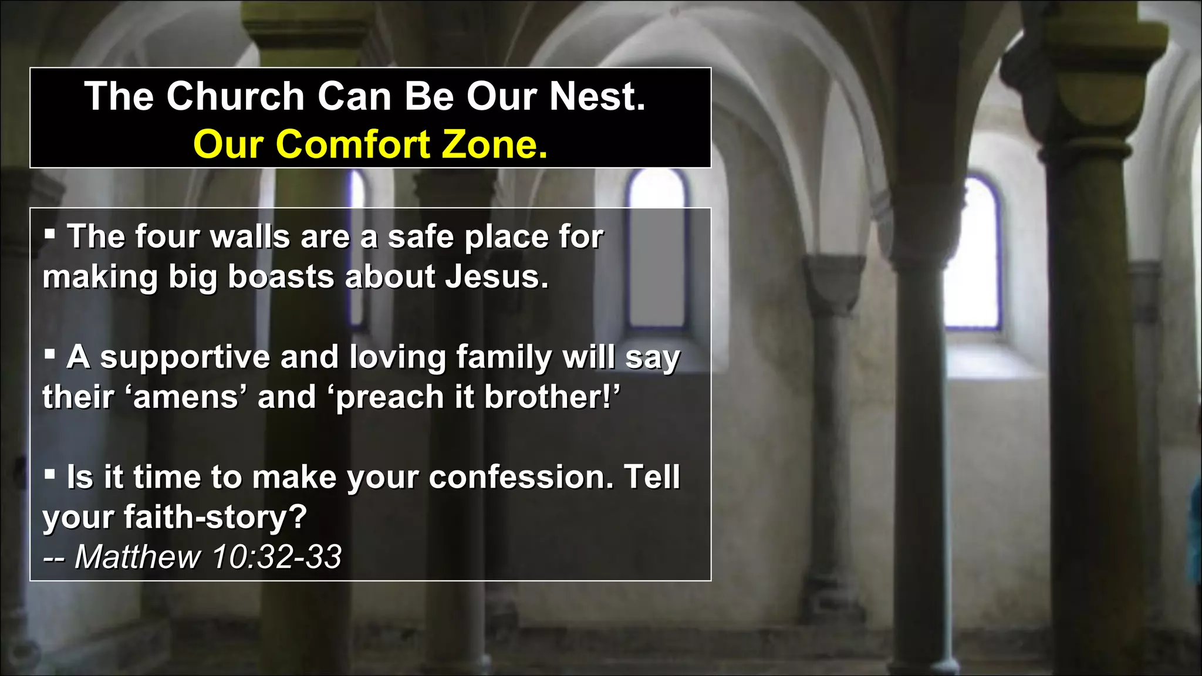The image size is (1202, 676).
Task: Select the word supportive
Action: (185, 357)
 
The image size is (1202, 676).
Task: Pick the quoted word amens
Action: (185, 397)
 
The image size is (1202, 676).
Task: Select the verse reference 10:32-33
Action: (276, 556)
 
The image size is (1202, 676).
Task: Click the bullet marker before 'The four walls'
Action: (50, 235)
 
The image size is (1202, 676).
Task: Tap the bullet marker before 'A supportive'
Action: (50, 355)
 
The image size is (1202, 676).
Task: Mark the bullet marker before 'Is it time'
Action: (50, 475)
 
